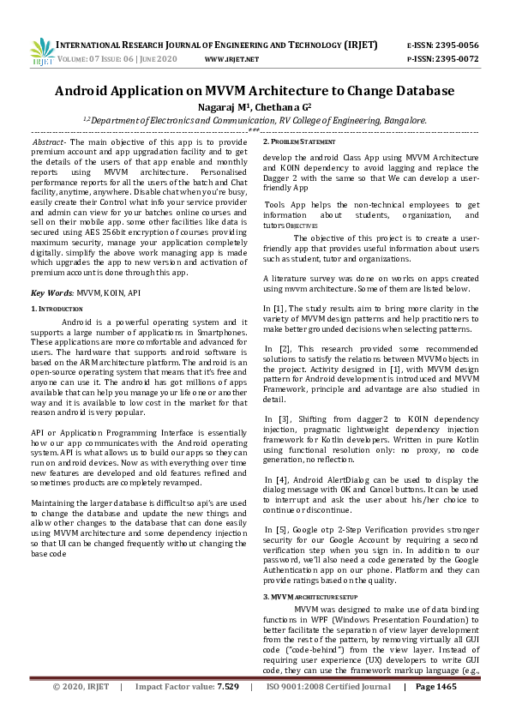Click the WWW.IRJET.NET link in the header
232,59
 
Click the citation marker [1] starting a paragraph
272,308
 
